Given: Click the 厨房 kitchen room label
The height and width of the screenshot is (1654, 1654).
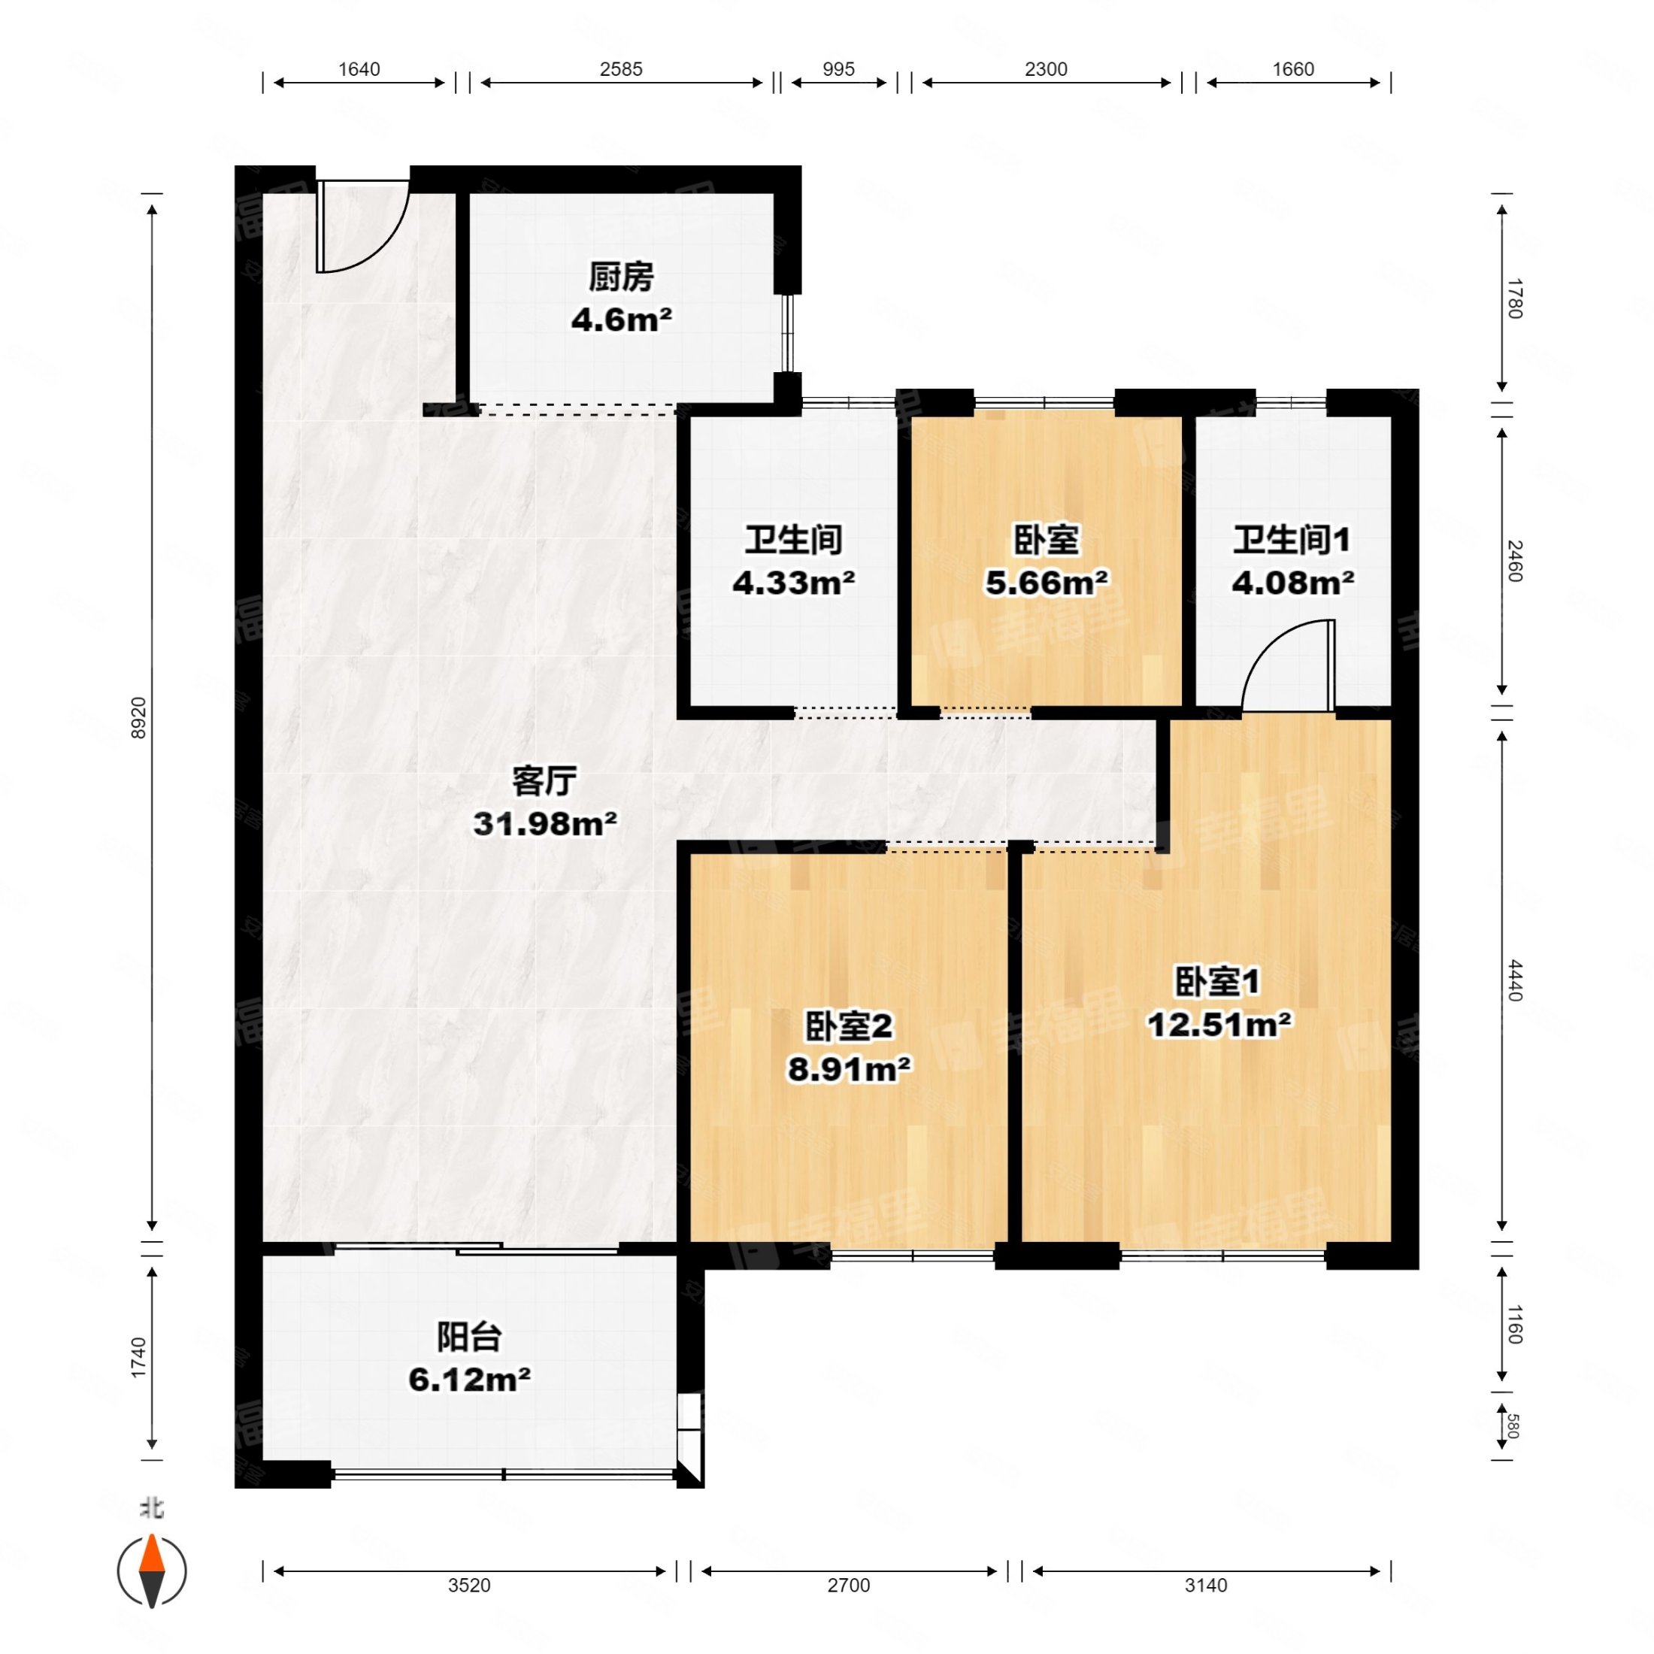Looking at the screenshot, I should (621, 277).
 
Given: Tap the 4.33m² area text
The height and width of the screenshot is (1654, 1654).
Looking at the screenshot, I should (792, 583).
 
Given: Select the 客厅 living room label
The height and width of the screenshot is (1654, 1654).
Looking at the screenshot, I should (544, 781).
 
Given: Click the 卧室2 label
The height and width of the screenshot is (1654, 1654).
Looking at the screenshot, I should (847, 1026).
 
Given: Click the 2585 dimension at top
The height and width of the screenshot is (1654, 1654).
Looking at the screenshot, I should (621, 69).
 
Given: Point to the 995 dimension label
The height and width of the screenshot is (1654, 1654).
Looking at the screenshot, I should (838, 69).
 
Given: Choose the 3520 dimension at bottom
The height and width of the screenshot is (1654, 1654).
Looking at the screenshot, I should (468, 1585).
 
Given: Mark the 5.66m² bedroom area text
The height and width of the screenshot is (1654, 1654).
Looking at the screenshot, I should (1045, 583).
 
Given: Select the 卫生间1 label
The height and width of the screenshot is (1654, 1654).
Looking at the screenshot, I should (1291, 541).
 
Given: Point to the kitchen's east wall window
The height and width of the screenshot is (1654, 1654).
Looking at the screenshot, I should (789, 334).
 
